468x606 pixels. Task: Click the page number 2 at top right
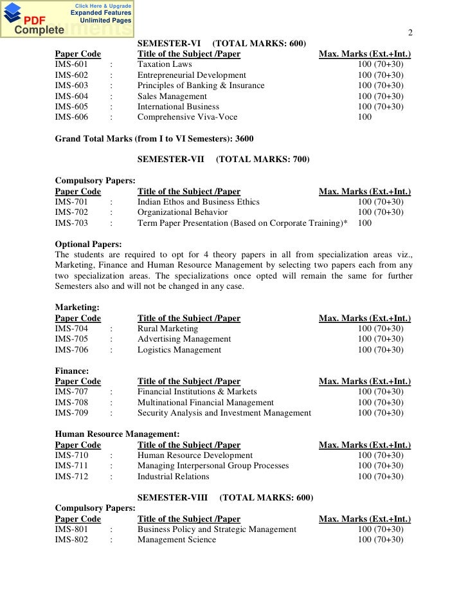coord(411,34)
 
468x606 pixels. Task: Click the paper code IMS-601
coord(71,65)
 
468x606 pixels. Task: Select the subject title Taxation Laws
coord(164,65)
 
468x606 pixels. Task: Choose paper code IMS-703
coord(71,223)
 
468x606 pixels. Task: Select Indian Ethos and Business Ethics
coord(198,202)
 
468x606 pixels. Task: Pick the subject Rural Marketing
coord(168,328)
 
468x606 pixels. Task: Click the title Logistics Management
coord(179,349)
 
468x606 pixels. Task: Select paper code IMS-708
coord(71,402)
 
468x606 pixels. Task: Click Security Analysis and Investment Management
coord(224,412)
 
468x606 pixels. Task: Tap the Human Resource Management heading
coord(118,434)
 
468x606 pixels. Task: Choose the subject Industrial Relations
coord(173,476)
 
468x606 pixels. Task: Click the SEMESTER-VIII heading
coord(174,497)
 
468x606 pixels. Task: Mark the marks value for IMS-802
coord(381,539)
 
